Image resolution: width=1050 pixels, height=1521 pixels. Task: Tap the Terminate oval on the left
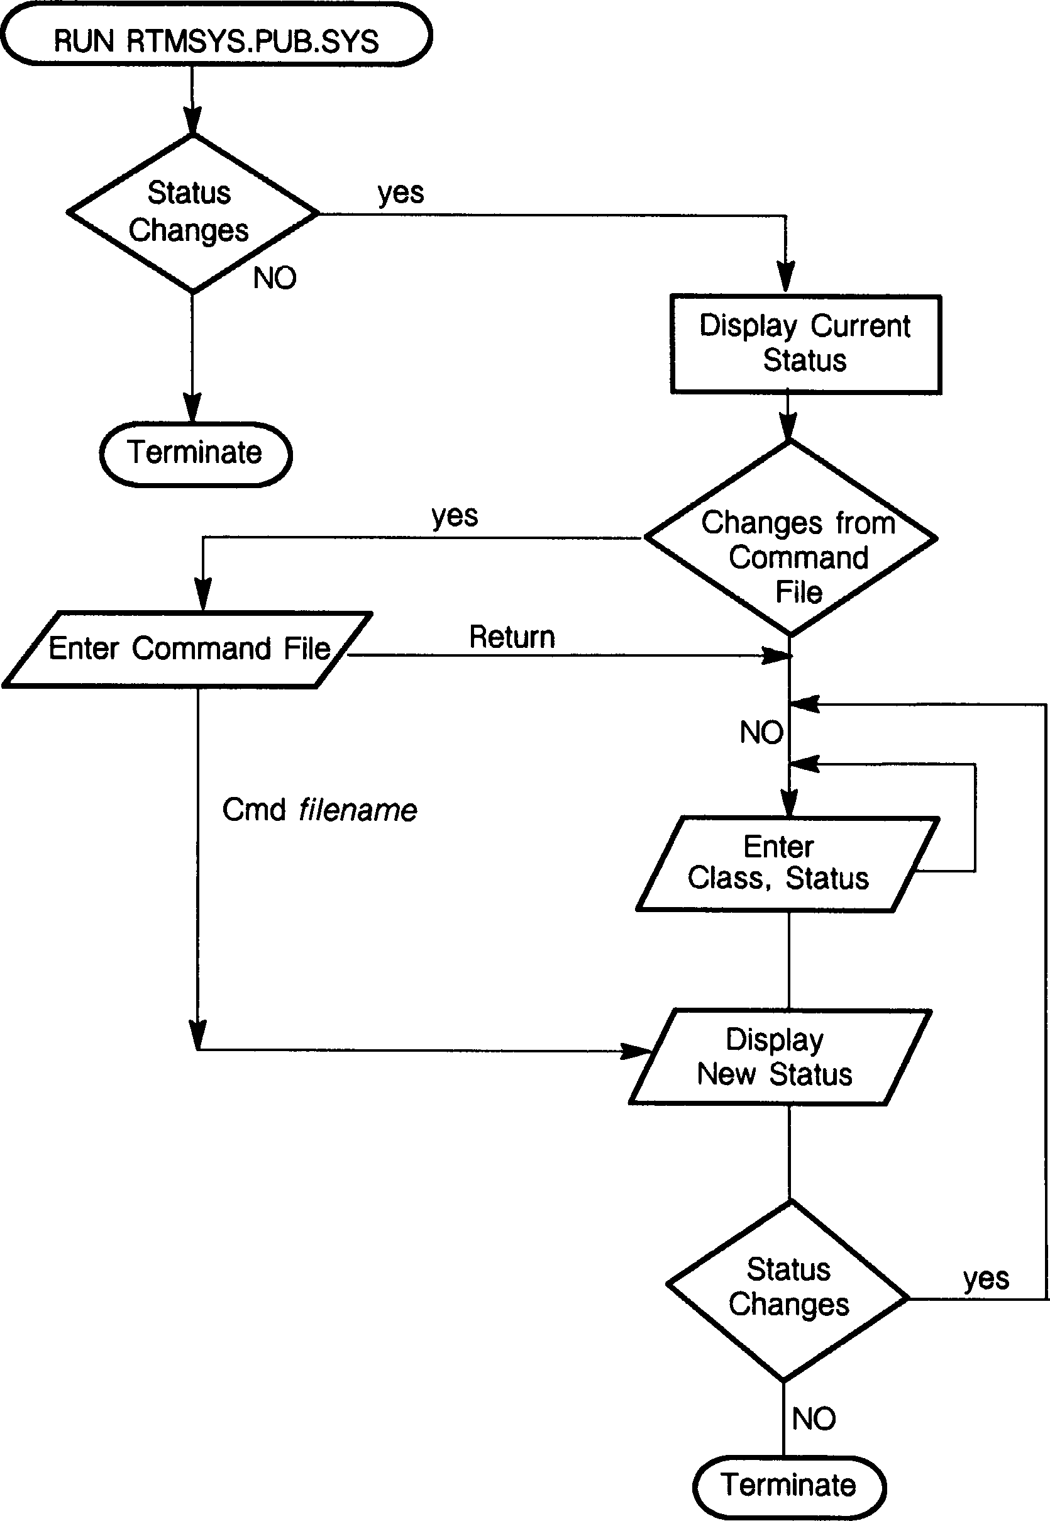[196, 454]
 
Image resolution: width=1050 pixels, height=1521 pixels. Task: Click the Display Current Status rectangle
[805, 343]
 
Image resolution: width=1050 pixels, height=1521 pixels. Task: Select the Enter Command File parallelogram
[188, 649]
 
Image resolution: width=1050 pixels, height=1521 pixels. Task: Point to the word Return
[512, 637]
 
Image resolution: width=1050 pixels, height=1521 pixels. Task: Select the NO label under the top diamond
[275, 278]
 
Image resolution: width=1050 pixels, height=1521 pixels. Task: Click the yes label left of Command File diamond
[455, 516]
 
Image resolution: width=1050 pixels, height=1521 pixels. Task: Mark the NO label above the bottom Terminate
[814, 1419]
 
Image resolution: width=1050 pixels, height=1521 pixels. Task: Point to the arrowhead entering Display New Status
[638, 1051]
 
